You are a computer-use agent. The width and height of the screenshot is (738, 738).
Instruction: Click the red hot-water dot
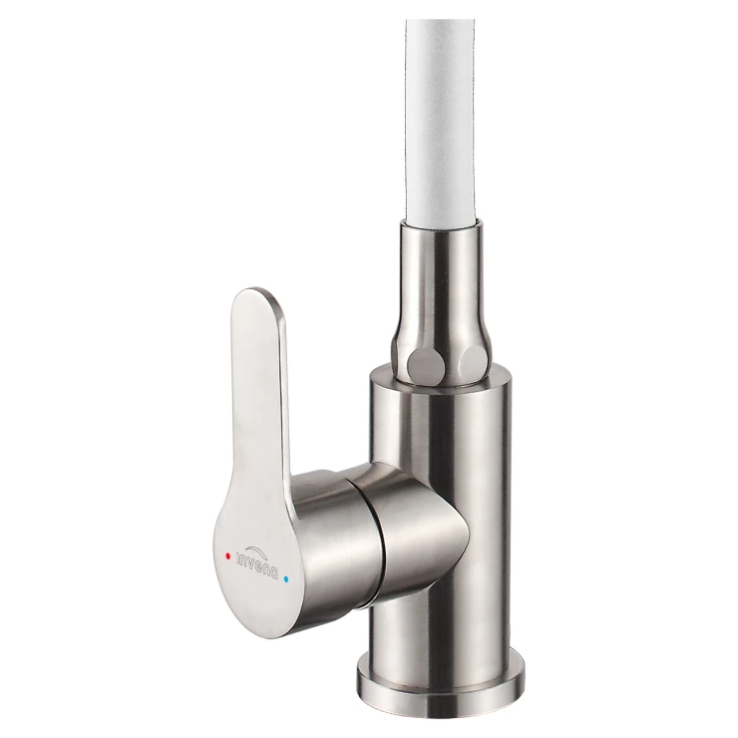point(227,555)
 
